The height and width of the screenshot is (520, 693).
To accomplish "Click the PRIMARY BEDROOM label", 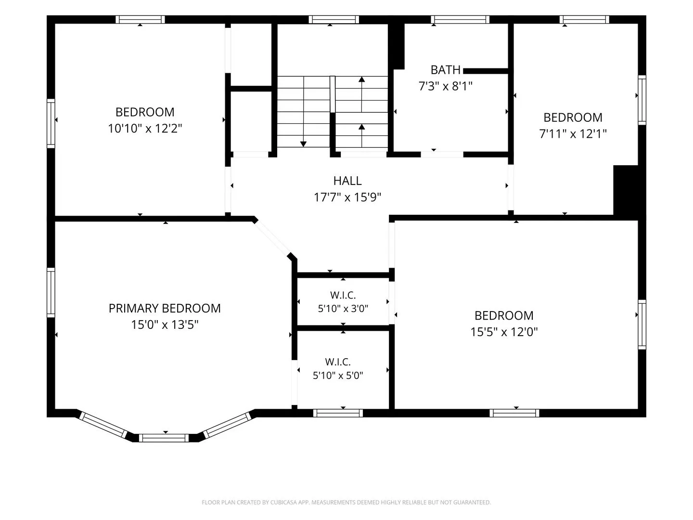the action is [x=165, y=309].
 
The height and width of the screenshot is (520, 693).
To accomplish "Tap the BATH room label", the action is [x=445, y=70].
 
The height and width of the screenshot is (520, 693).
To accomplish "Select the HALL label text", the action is [x=347, y=181].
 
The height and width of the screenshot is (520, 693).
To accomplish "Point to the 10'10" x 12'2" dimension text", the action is [x=145, y=129].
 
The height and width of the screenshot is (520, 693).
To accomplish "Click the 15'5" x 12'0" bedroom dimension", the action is [x=504, y=332].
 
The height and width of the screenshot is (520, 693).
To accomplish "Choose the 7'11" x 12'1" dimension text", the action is [x=573, y=134].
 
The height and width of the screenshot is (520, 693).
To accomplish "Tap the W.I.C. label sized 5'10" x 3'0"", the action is [x=343, y=295].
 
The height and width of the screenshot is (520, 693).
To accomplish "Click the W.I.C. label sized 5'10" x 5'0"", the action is [x=338, y=362].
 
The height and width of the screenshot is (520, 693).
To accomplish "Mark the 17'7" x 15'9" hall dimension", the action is [x=347, y=197].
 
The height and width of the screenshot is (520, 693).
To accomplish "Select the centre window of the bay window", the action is [x=164, y=438].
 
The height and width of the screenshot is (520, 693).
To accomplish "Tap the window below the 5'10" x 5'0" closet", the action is [x=338, y=413].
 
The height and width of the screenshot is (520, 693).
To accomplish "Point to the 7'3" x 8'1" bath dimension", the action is [x=445, y=86].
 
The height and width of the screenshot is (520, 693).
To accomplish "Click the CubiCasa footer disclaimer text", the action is [x=346, y=502].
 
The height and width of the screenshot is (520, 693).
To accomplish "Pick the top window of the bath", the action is [x=460, y=20].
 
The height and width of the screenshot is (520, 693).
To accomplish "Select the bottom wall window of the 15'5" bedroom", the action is [x=514, y=413].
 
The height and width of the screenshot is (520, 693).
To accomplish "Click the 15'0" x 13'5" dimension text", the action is [x=165, y=325].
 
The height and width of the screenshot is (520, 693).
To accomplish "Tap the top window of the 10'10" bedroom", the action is [x=140, y=20].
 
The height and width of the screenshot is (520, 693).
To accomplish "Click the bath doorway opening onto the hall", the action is [x=442, y=155].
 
